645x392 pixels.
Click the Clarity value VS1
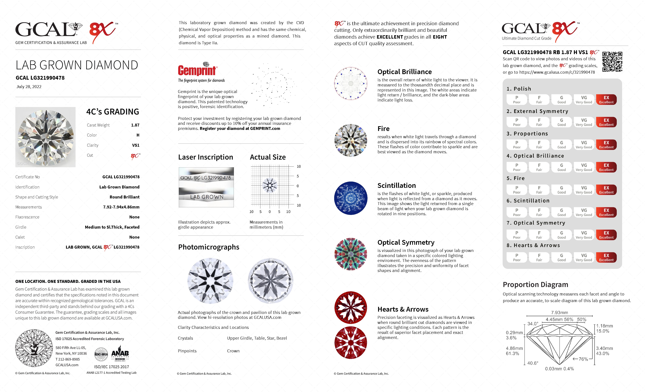[136, 145]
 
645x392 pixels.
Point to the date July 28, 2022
[29, 87]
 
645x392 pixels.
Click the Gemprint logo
[197, 70]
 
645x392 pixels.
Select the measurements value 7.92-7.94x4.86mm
[121, 207]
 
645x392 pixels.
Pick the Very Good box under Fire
[584, 190]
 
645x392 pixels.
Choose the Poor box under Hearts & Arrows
[516, 257]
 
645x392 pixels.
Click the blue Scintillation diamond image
[351, 198]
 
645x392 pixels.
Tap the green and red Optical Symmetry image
[351, 254]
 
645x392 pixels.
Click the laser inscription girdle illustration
[206, 187]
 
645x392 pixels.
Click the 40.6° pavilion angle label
[533, 363]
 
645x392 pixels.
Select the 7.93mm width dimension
[559, 313]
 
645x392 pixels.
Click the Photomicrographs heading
[209, 247]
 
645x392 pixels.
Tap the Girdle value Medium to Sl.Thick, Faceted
[112, 227]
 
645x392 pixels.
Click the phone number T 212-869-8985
[68, 359]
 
